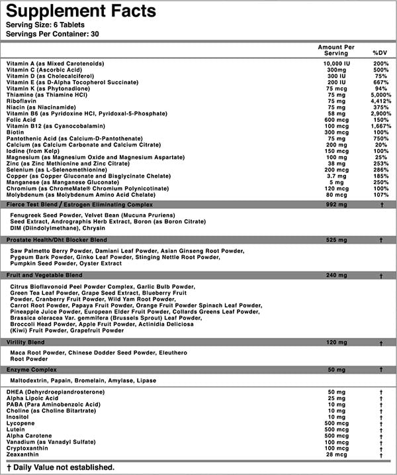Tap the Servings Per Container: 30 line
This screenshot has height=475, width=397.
[x=52, y=34]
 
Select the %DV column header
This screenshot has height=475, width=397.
[x=379, y=52]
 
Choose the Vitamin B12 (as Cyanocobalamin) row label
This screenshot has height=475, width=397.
[x=48, y=125]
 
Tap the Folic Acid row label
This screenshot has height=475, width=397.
[x=22, y=119]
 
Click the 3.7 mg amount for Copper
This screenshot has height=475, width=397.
[x=335, y=176]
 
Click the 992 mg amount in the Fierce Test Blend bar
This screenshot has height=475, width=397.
[x=335, y=205]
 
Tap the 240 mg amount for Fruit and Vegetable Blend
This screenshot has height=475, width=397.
[x=335, y=274]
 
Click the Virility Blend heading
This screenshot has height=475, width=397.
[x=27, y=342]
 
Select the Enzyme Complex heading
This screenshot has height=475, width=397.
[x=32, y=368]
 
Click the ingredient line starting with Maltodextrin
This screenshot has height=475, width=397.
[x=83, y=382]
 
